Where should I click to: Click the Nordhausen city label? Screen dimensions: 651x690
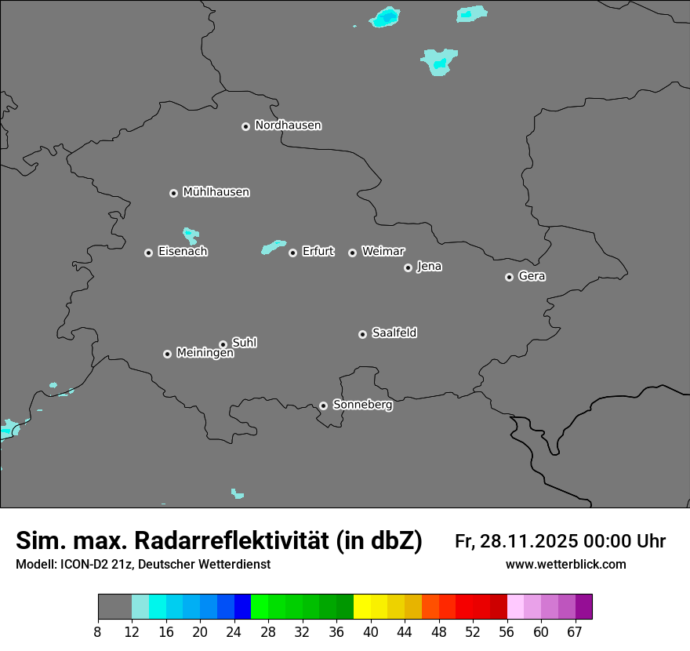[x=288, y=125]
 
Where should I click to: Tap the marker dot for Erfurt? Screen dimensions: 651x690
[x=292, y=253]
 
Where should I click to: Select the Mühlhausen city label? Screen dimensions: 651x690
[x=216, y=192]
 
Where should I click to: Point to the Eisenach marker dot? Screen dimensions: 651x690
[x=148, y=253]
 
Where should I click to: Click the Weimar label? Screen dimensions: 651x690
[x=383, y=252]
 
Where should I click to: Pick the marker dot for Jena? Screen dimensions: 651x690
[x=408, y=267]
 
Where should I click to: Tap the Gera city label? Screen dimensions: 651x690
[x=532, y=276]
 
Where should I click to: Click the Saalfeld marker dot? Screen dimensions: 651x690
[x=362, y=334]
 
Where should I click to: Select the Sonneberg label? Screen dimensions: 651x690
[x=362, y=405]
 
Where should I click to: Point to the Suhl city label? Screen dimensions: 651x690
[x=244, y=343]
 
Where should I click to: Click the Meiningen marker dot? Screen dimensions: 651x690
[x=167, y=354]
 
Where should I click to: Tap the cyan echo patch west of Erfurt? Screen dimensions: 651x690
[x=273, y=247]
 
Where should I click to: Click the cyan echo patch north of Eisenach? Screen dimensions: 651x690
[x=191, y=235]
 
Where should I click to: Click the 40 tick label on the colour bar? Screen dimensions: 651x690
[x=371, y=631]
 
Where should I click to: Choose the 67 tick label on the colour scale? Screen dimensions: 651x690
[x=575, y=631]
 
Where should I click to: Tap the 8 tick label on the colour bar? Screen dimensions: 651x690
[x=97, y=631]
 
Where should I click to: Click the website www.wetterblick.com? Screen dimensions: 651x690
[x=565, y=564]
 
